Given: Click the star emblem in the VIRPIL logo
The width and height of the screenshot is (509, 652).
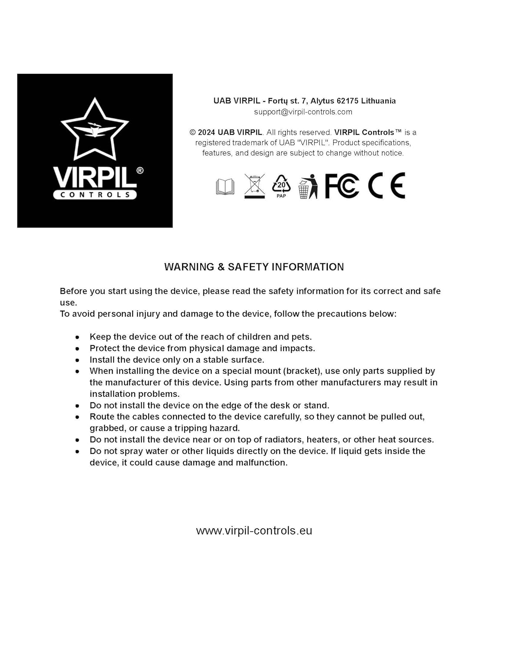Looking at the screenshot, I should click(x=95, y=129).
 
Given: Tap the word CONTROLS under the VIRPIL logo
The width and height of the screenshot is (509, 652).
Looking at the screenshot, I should click(x=95, y=195).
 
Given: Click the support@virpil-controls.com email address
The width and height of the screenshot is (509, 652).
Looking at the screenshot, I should click(x=303, y=112).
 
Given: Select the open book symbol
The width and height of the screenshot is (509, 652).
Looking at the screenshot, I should click(x=225, y=186).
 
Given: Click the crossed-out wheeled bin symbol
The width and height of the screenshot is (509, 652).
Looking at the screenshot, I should click(x=254, y=186).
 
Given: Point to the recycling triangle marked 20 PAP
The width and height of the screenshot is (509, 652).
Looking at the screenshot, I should click(x=281, y=186).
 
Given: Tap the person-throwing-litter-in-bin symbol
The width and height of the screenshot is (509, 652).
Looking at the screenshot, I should click(x=308, y=187).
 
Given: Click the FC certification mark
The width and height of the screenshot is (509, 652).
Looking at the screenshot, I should click(x=342, y=186).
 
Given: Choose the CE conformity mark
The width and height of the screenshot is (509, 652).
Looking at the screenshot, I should click(x=386, y=186).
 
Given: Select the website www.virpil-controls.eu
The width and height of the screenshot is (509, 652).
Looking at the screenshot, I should click(x=254, y=531).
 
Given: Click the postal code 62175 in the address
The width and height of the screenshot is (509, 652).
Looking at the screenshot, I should click(x=347, y=101).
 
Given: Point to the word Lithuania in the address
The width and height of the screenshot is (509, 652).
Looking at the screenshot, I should click(x=378, y=101).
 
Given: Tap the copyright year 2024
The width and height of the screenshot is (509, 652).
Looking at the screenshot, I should click(x=206, y=133).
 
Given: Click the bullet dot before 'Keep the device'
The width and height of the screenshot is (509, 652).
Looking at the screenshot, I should click(x=77, y=337).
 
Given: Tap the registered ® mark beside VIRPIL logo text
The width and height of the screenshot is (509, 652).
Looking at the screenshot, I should click(x=140, y=170).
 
